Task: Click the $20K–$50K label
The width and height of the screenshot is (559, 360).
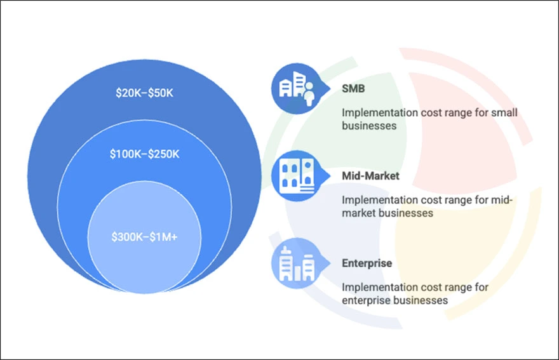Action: pos(144,93)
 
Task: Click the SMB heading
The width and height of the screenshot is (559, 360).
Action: pos(354,89)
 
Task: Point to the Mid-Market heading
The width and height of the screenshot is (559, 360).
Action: pos(370,175)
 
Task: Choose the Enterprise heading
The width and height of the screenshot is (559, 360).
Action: pos(367,263)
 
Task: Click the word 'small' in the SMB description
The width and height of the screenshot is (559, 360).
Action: pos(504,113)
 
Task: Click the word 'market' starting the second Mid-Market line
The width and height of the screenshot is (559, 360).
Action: pos(359,213)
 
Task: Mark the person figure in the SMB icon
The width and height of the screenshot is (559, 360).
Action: pos(309,93)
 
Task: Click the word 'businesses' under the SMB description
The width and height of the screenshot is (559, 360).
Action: pos(369,126)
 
